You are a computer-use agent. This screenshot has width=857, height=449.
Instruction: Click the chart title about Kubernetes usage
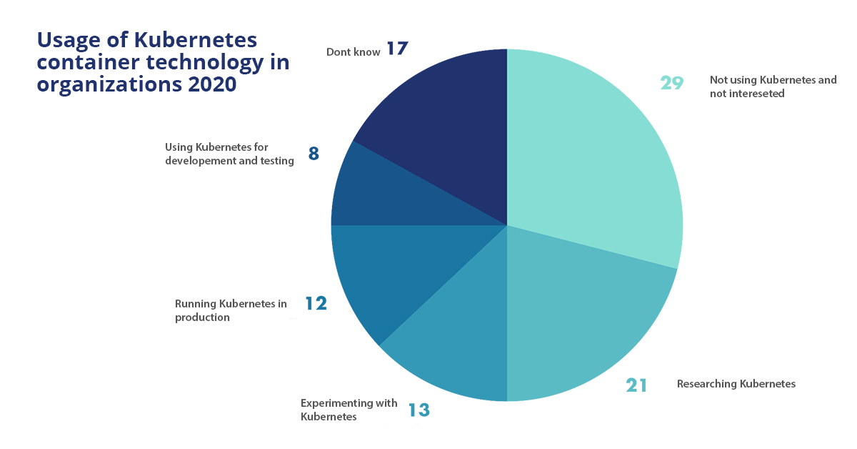coord(163,61)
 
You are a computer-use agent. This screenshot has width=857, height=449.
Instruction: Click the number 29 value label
coord(672,83)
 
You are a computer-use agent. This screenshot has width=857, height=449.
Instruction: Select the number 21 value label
coord(636,385)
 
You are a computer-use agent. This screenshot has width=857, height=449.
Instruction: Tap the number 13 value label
coord(419,410)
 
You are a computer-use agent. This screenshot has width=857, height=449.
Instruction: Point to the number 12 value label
coord(316,304)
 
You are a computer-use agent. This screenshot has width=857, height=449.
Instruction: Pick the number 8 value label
coord(314,154)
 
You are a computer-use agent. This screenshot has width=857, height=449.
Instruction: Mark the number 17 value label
coord(397,49)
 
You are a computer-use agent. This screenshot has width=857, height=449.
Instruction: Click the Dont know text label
coord(353,52)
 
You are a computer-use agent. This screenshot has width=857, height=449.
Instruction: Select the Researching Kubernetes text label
coord(736,384)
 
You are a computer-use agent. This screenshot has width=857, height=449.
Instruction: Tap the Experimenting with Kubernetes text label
coord(349,410)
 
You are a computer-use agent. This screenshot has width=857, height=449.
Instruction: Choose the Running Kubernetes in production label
coord(230,310)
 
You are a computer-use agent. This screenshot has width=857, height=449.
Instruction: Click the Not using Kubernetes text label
coord(773,87)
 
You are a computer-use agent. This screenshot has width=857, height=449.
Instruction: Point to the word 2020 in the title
coord(211,84)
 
